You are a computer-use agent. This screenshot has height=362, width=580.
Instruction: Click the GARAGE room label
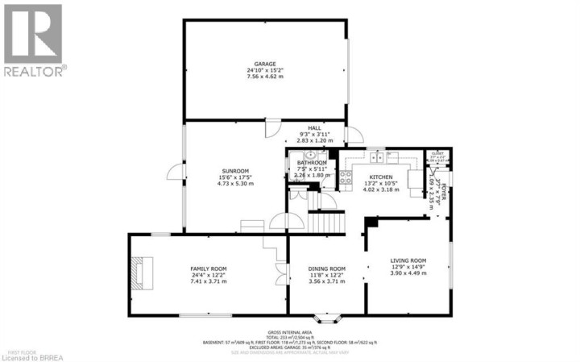pos(266,64)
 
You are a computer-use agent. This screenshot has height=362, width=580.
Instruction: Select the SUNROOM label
pos(236,170)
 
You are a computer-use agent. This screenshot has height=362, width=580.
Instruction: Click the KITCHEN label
pos(380,177)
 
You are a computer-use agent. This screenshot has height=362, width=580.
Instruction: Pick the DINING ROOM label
pos(326,268)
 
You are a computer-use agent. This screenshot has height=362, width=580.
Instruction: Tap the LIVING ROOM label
pos(408,260)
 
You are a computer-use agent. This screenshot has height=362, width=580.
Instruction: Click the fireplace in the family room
pos(143,273)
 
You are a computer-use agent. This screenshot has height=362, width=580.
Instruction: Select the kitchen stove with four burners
pos(346,177)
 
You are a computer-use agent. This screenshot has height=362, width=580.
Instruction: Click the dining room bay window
pos(327,316)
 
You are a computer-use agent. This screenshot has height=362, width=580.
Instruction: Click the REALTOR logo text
pos(34,72)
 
